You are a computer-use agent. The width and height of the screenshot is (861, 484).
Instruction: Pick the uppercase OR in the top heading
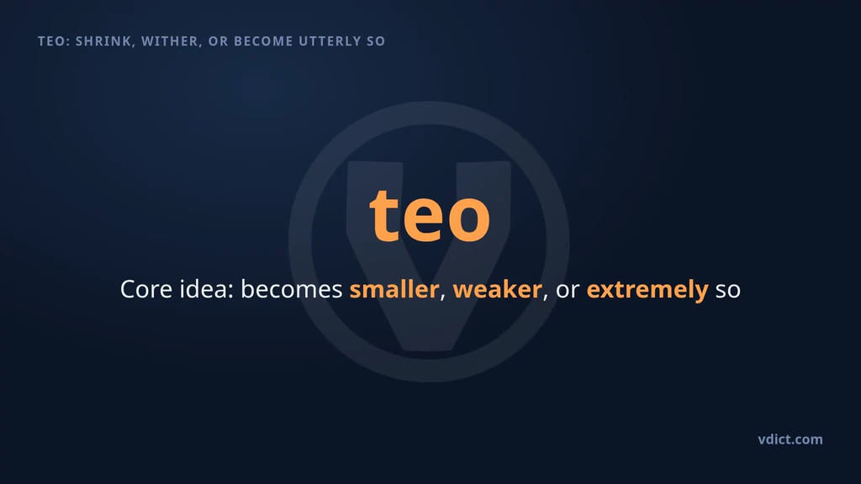[219, 41]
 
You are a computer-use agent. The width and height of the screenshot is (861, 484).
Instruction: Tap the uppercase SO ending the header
[376, 41]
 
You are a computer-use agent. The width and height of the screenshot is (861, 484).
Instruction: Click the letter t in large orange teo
[385, 215]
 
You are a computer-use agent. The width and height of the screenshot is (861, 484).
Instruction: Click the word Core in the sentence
[146, 289]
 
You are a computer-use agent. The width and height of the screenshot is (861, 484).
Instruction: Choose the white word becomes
[292, 289]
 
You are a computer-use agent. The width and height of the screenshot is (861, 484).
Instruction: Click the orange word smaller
[394, 289]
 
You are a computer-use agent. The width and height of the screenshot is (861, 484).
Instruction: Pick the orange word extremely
[647, 290]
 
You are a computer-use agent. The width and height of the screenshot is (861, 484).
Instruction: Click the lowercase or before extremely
[568, 291]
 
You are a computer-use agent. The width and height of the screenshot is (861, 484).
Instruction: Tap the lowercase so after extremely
[728, 291]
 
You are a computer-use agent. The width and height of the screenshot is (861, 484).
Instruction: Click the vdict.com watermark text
[790, 439]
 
